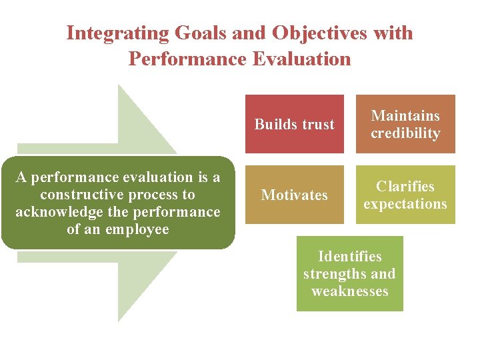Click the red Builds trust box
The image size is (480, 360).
295,124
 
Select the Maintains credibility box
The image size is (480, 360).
405,124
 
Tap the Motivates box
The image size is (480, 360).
295,195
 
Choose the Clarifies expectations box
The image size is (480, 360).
405,195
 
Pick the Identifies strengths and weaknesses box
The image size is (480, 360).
350,273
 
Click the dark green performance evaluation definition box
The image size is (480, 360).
118,203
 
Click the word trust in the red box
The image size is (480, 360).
317,125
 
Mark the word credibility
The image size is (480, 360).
405,133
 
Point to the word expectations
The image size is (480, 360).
405,204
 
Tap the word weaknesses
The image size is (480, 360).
350,291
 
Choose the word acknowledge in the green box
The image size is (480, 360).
56,212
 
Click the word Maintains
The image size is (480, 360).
405,116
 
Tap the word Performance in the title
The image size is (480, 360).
188,59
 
